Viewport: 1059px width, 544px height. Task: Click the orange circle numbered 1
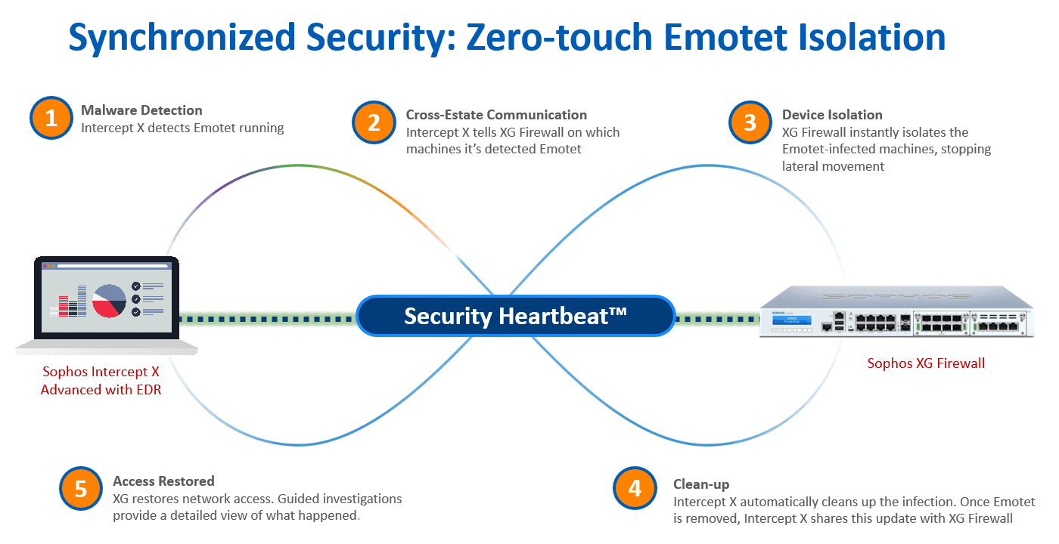pos(51,119)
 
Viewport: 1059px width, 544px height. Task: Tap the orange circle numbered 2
pos(374,122)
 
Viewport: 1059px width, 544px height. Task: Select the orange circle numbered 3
pos(750,122)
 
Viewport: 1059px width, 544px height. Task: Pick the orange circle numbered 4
pos(635,489)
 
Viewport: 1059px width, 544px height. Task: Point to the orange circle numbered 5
pos(80,489)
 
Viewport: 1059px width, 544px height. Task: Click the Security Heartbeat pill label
pos(515,316)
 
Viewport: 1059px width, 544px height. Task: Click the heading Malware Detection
pos(141,110)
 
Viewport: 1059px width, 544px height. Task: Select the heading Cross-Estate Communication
pos(496,115)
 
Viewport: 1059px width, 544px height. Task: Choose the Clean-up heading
pos(701,484)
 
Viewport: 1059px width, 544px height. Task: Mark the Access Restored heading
pos(163,481)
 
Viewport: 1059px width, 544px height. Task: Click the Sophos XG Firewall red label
pos(926,363)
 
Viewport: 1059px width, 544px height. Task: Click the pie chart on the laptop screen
pos(109,299)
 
